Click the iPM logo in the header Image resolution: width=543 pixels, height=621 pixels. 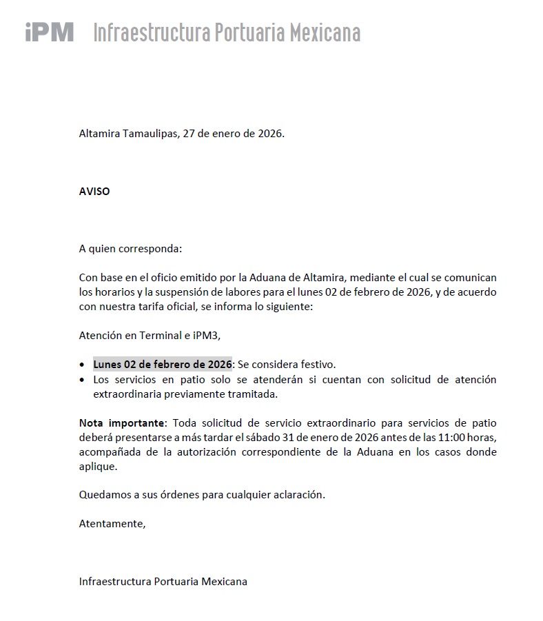(x=49, y=32)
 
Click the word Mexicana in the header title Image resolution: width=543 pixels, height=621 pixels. (x=323, y=32)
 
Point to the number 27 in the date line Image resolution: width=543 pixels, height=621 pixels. (x=189, y=134)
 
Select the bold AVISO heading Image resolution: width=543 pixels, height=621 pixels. (x=94, y=191)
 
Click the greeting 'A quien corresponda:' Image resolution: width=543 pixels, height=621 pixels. (x=130, y=248)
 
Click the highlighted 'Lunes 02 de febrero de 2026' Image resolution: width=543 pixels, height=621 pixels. (x=163, y=364)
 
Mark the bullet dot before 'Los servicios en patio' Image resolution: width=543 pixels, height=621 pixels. (x=83, y=380)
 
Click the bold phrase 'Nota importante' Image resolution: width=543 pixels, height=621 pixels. (x=122, y=423)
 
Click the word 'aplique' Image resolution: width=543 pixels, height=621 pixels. (x=98, y=466)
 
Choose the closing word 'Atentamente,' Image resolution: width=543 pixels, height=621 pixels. (x=112, y=523)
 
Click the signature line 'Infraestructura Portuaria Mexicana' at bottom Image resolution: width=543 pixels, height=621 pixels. (x=163, y=581)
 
